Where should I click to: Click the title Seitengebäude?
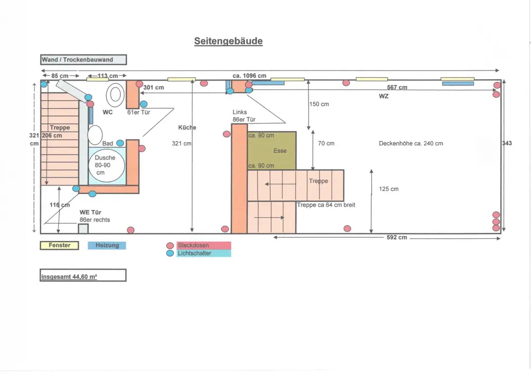coord(228,41)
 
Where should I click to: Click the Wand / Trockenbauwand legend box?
coord(83,60)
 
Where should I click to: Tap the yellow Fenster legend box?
coord(59,246)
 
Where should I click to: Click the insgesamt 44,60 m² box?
coord(83,275)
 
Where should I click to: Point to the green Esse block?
coord(272,151)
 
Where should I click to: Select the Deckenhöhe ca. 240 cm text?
coord(410,143)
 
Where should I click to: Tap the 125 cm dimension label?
coord(389,189)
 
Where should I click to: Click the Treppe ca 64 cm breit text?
coord(326,205)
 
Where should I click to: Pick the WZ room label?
coord(383,96)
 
